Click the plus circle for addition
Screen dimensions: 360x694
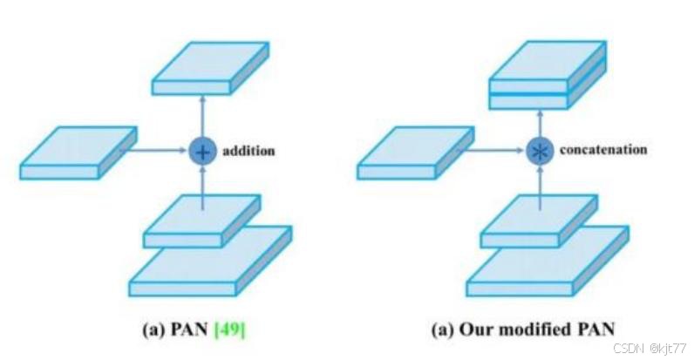[202, 151]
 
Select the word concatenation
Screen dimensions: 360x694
[603, 150]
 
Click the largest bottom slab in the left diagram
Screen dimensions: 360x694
[209, 262]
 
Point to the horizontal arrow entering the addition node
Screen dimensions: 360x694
[157, 150]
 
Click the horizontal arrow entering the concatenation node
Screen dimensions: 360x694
[494, 150]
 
